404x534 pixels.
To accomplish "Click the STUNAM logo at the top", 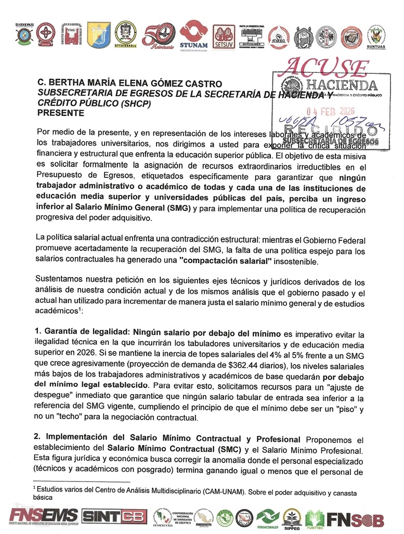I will coord(193,36).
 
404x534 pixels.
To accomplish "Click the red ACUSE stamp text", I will coord(325,67).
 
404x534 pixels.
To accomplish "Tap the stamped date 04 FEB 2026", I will coord(332,111).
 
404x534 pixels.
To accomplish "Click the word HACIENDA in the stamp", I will coord(341,84).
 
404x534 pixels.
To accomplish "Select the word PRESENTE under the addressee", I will coord(60,112).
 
